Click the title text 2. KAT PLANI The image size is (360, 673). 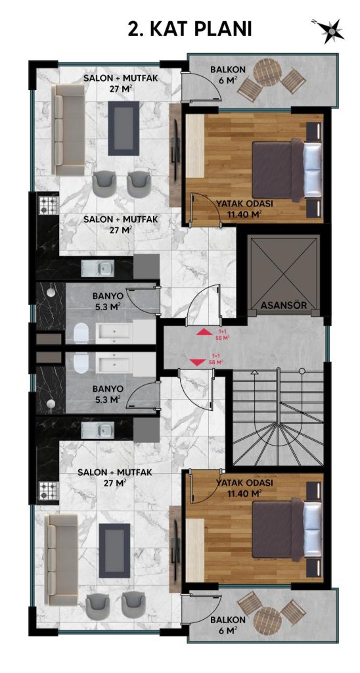pyautogui.click(x=190, y=30)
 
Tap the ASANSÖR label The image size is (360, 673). pyautogui.click(x=283, y=305)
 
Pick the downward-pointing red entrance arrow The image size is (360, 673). pyautogui.click(x=197, y=362)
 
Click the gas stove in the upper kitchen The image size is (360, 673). pyautogui.click(x=49, y=205)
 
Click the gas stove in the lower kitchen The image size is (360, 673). pyautogui.click(x=49, y=490)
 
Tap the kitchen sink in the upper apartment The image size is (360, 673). pyautogui.click(x=99, y=268)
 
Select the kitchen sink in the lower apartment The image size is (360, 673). pyautogui.click(x=99, y=428)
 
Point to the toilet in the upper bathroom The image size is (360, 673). pyautogui.click(x=81, y=333)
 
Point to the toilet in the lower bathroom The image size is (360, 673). pyautogui.click(x=81, y=363)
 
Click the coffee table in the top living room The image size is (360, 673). pyautogui.click(x=123, y=128)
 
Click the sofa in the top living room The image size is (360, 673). pyautogui.click(x=68, y=129)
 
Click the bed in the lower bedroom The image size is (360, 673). pyautogui.click(x=286, y=530)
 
